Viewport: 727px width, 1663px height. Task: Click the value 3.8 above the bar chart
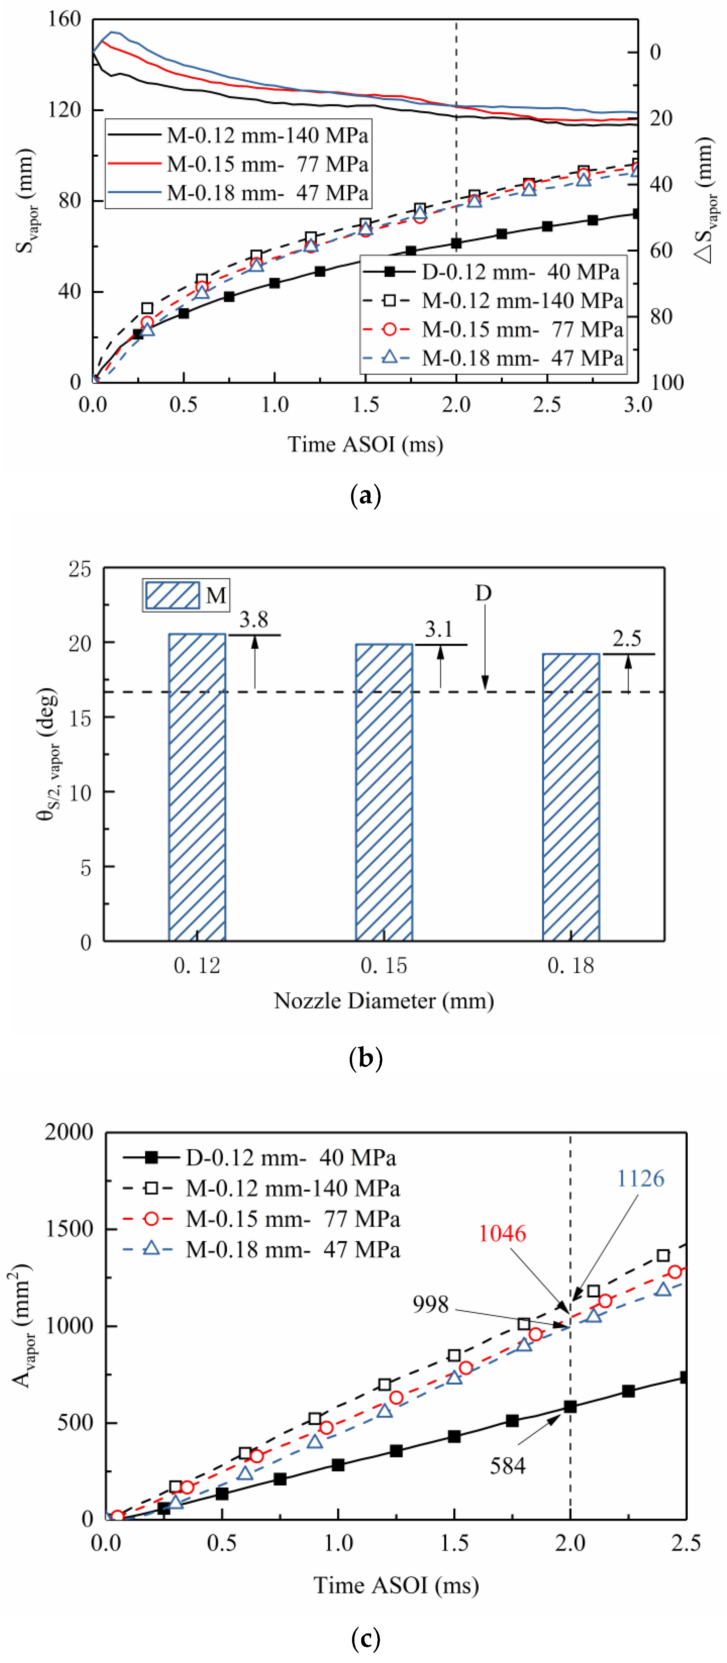click(x=254, y=620)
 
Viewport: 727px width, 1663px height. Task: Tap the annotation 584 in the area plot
click(x=507, y=1466)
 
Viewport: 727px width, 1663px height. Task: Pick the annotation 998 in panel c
click(x=431, y=1305)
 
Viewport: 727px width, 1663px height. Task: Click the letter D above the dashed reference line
click(x=484, y=593)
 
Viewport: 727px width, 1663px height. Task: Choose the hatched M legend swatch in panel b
click(x=173, y=595)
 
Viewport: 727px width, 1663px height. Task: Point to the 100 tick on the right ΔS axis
click(x=667, y=382)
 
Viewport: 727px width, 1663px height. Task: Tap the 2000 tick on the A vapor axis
click(x=69, y=1132)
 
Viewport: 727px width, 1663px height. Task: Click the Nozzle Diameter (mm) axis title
click(x=384, y=1001)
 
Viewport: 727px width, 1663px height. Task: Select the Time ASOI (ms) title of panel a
click(x=366, y=444)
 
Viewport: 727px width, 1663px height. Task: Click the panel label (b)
click(x=366, y=1058)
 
